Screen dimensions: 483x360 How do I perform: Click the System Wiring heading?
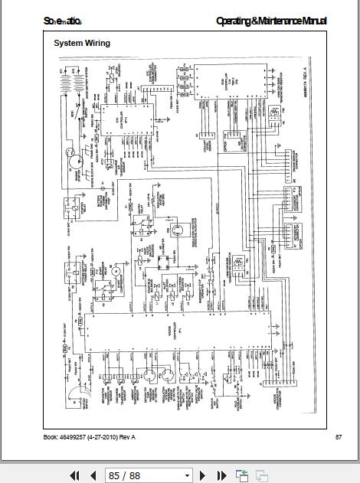coord(81,44)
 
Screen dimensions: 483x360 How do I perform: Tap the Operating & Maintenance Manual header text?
coord(270,21)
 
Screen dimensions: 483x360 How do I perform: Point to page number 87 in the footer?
coord(339,437)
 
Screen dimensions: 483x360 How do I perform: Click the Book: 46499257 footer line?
coord(90,437)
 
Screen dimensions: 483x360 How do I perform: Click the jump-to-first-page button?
coord(75,475)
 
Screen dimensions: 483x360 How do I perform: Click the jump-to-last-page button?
coord(222,475)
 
